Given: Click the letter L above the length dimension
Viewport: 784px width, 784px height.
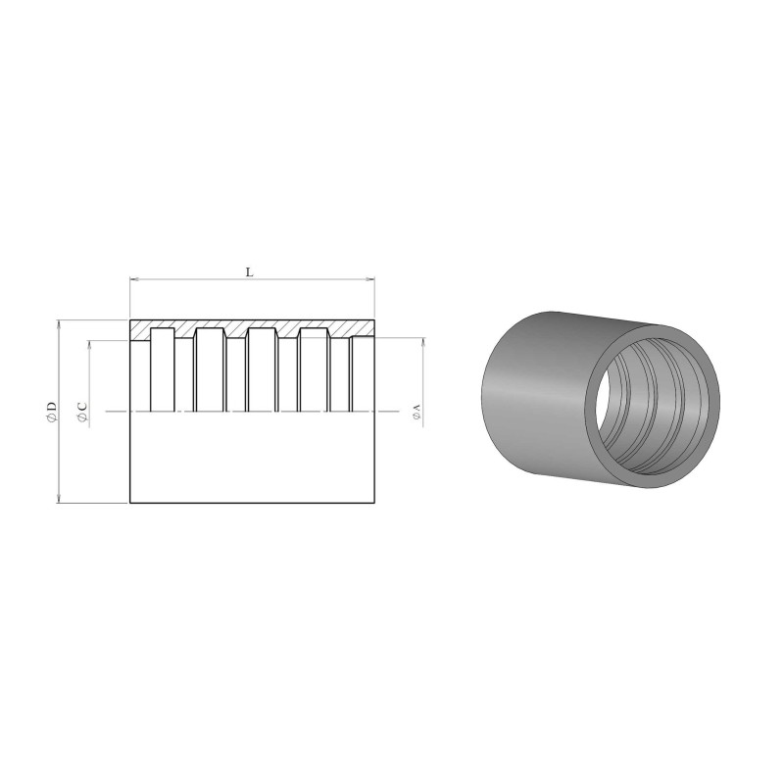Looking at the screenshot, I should tap(249, 272).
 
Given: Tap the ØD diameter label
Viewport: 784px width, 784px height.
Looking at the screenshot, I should tap(51, 413).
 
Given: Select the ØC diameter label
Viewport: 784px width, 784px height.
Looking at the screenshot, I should tap(82, 413).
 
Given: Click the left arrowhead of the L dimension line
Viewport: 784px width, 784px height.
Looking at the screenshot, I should tap(135, 281).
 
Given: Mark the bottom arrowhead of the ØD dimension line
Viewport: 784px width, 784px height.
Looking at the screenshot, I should tap(61, 499).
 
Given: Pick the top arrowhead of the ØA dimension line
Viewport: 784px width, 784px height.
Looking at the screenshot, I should tap(423, 344).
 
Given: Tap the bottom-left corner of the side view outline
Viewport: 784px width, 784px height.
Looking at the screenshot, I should tap(130, 503).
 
